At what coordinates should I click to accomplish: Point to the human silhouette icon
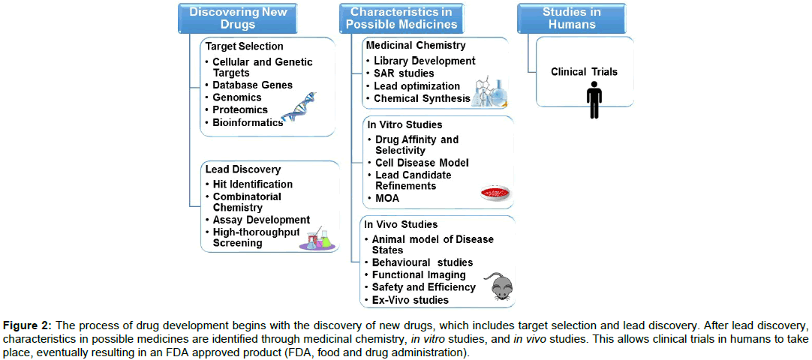[x=594, y=100]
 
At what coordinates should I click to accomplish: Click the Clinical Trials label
[x=584, y=72]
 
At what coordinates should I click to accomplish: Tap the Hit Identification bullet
[x=253, y=184]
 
